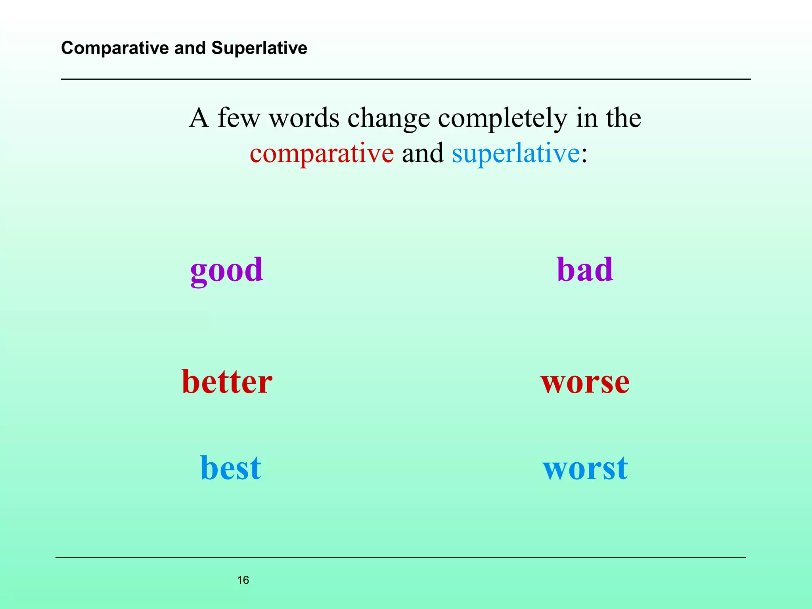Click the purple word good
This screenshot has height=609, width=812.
coord(226,270)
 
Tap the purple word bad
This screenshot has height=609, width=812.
coord(585,270)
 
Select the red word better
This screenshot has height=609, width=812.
coord(227,381)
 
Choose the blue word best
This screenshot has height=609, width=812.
coord(230,468)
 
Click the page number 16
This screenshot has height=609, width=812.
coord(243,580)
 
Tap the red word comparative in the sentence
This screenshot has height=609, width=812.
coord(322,153)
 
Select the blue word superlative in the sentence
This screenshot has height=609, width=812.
coord(515,153)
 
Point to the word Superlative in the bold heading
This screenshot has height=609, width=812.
coord(259,48)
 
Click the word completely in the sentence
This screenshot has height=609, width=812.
coord(502,119)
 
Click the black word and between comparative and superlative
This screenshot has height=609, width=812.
coord(423,153)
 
